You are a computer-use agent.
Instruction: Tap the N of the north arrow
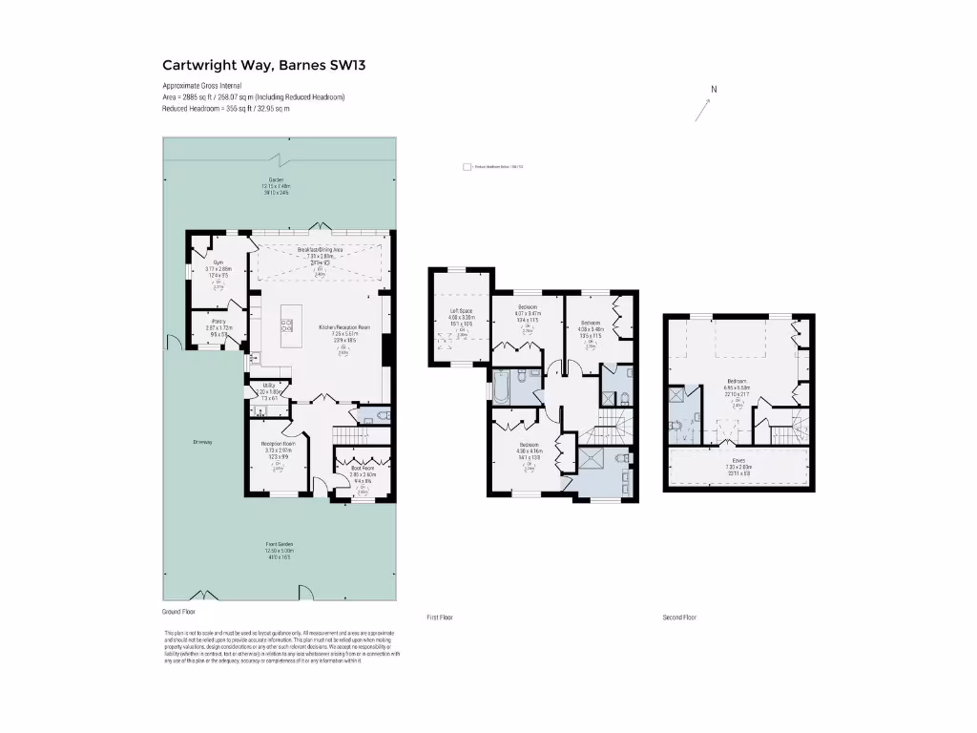713,90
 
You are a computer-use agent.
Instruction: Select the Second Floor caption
679,618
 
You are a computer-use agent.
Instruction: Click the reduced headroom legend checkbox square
467,166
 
